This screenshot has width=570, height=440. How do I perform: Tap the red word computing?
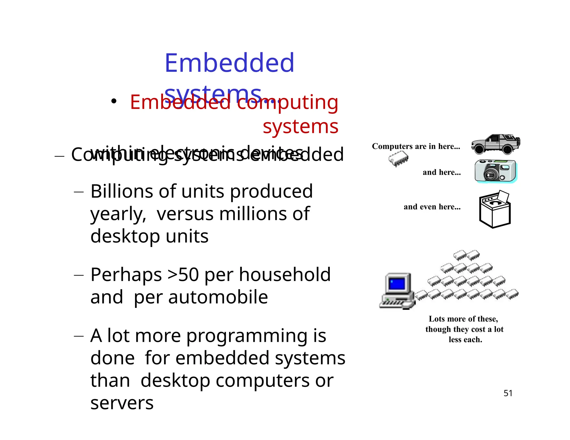[288, 102]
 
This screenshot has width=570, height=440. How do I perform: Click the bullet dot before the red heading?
[113, 101]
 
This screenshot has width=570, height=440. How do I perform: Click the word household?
[285, 275]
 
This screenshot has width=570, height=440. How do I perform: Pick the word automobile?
[218, 297]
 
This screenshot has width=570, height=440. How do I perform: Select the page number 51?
[508, 393]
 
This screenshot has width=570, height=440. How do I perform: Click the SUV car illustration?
[495, 144]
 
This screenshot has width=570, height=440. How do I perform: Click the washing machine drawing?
[495, 209]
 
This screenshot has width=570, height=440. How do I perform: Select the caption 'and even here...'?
[432, 207]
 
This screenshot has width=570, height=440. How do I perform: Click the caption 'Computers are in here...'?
[416, 146]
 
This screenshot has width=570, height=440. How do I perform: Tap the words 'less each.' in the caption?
[465, 340]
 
